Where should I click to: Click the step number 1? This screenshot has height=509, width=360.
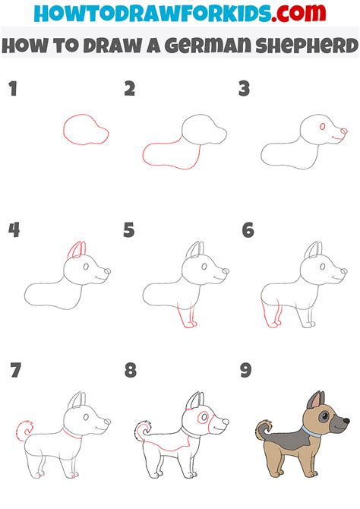[13, 88]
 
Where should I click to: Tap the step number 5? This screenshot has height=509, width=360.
[128, 230]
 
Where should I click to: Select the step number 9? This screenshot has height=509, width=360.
[246, 370]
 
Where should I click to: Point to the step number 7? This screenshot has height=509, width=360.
[15, 370]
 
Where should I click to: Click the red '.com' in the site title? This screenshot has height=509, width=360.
[298, 13]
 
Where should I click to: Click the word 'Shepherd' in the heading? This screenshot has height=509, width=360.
[307, 45]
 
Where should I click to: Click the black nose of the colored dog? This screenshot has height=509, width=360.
[346, 421]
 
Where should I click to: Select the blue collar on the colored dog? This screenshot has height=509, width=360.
[311, 432]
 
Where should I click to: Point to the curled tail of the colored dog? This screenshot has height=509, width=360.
[264, 430]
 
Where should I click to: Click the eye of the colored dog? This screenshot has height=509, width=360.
[324, 417]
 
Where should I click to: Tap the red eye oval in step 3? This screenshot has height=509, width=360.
[322, 127]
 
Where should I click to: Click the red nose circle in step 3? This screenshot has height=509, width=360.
[344, 131]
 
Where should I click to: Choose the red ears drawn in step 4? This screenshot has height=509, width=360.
[77, 250]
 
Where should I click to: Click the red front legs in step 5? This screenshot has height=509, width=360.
[188, 317]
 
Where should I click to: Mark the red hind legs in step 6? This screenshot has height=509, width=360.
[271, 315]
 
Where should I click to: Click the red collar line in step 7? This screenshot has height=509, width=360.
[71, 434]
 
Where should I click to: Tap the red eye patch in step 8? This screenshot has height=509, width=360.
[204, 418]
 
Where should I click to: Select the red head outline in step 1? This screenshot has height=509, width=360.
[86, 129]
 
